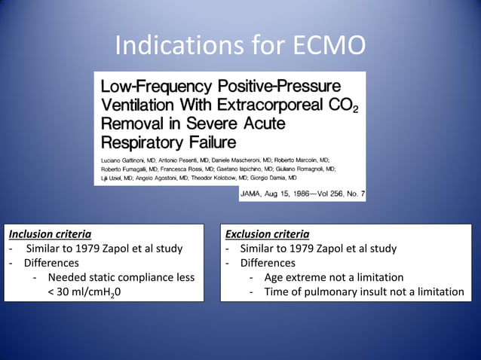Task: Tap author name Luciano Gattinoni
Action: coord(124,160)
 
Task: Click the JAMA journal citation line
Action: coord(302,194)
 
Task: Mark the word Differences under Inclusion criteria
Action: coord(51,263)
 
